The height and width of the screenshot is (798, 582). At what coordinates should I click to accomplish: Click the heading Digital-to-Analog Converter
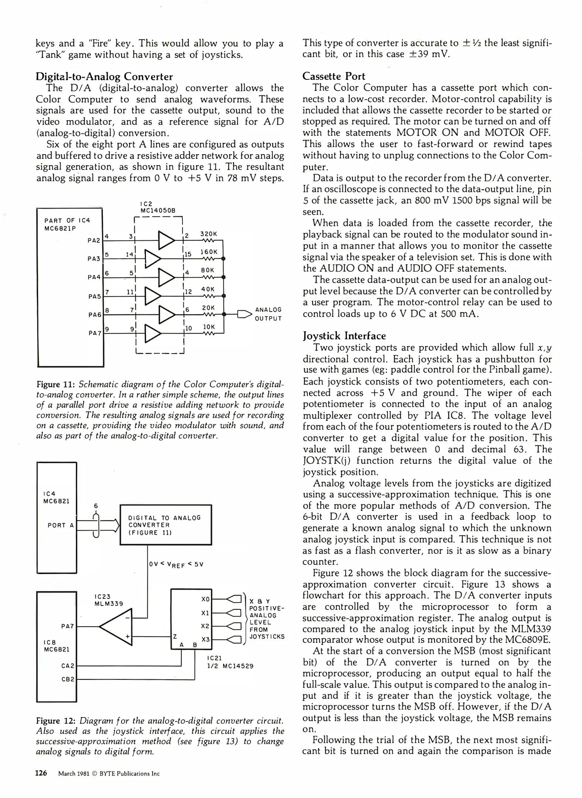(104, 76)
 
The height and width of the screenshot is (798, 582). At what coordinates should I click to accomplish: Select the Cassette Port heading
(333, 76)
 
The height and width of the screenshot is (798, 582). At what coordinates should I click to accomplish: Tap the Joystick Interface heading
(344, 336)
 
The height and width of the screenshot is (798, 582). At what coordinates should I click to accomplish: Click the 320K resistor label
(209, 234)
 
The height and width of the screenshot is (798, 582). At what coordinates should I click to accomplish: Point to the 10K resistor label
(209, 327)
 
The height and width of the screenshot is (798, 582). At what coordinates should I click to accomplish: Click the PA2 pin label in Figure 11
(94, 241)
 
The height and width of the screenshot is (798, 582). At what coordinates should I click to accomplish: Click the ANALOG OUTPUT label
(268, 314)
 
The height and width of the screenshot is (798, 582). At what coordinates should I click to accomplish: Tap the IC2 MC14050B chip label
(157, 207)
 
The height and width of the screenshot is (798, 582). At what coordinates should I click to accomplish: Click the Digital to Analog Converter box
(166, 525)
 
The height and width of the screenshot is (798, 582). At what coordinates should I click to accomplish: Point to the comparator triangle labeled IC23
(118, 627)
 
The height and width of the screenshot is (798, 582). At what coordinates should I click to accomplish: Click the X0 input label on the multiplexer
(205, 599)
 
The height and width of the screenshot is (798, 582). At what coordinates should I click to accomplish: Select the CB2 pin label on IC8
(68, 679)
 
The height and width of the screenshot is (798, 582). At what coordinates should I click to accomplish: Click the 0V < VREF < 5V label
(176, 565)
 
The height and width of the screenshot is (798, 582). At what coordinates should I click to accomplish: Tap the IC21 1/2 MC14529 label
(230, 662)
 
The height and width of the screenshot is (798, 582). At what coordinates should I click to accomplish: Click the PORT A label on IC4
(61, 525)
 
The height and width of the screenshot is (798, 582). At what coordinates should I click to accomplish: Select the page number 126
(41, 773)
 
